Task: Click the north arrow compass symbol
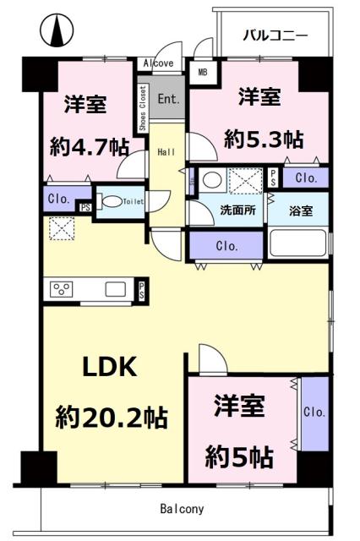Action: point(57,31)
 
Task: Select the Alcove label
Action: point(158,63)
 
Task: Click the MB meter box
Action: point(203,73)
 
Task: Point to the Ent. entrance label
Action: point(168,98)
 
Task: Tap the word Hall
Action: point(166,152)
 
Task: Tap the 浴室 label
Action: point(302,210)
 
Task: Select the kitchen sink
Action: point(115,289)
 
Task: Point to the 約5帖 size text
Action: point(241,457)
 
